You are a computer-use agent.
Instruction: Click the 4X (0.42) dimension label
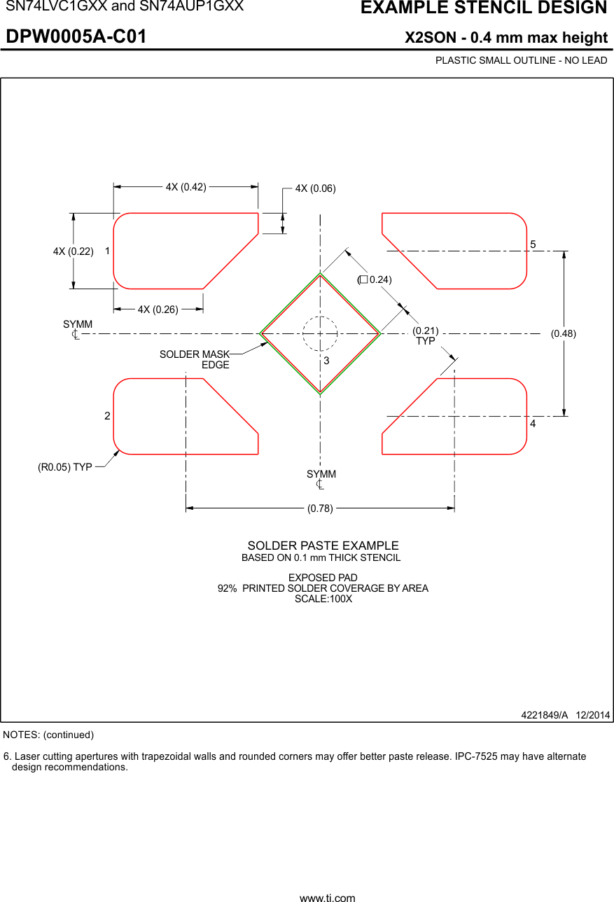coord(186,187)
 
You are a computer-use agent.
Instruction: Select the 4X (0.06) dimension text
coord(315,188)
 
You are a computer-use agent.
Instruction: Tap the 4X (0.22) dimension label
coord(73,251)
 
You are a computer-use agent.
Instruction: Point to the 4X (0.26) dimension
coord(158,310)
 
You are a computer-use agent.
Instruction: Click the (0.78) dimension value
coord(320,509)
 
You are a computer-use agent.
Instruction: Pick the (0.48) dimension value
coord(563,333)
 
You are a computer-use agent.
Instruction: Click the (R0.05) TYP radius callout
coord(64,467)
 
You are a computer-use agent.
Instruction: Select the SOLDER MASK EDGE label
coord(195,359)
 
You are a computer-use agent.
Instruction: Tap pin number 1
coord(108,251)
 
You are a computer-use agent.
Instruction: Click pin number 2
coord(107,416)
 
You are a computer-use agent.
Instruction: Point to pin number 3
coord(326,361)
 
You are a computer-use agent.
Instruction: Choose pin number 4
coord(533,425)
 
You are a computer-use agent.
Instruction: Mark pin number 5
coord(533,244)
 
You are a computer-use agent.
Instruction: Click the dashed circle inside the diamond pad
coord(320,333)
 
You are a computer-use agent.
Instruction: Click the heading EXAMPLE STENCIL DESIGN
coord(483,8)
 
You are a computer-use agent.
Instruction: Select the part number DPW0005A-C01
coord(76,37)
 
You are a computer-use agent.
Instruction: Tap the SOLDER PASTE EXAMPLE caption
coord(323,546)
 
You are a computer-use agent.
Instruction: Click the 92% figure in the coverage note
coord(227,588)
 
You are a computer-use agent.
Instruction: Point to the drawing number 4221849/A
coord(544,715)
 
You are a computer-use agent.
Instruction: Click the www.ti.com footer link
coord(327,897)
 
